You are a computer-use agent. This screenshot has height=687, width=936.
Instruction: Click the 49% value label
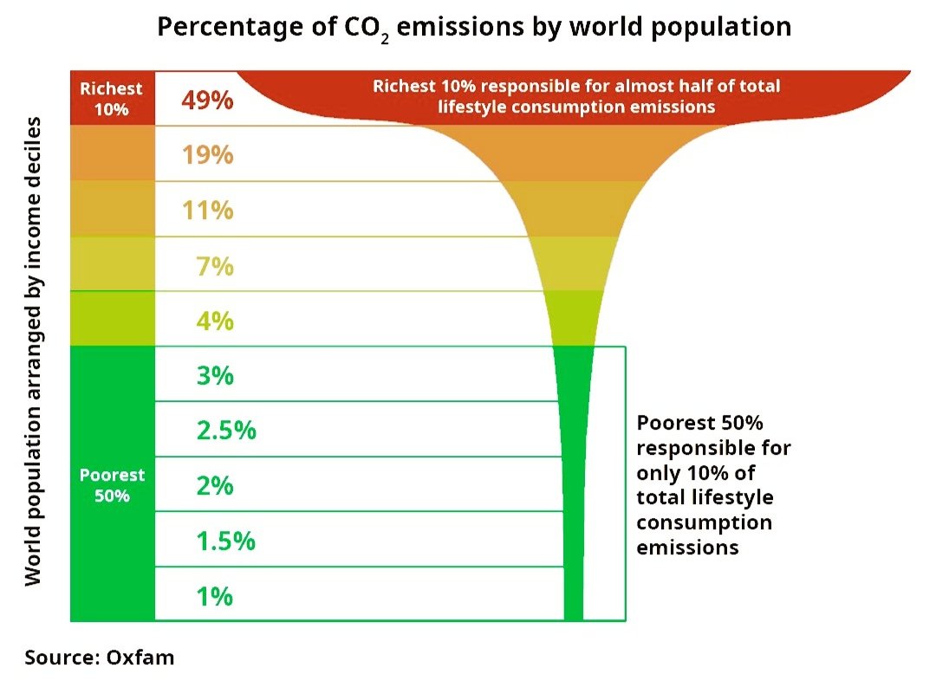point(207,100)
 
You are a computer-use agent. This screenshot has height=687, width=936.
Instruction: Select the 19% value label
point(207,155)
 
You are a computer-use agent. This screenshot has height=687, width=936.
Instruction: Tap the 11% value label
point(207,211)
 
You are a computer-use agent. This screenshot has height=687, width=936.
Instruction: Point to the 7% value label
point(214,266)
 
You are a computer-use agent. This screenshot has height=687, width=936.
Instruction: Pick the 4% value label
point(214,321)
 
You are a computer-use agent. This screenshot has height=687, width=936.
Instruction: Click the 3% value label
point(214,376)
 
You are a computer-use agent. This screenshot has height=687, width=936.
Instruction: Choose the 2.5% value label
point(226,431)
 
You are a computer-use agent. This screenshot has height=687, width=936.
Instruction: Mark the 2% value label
point(214,486)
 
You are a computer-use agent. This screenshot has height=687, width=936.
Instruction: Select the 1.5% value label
point(225,541)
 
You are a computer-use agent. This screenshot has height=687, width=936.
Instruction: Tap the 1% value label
point(213,596)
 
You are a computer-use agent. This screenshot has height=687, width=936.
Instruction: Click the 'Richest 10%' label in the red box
point(111,98)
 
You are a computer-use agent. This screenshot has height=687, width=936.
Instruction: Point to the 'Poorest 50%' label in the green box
point(112,485)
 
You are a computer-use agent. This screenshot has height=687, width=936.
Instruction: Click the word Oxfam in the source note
point(140,658)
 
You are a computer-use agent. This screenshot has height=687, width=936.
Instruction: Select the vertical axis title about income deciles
point(33,351)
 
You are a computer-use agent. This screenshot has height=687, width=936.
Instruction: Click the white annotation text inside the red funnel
point(576,96)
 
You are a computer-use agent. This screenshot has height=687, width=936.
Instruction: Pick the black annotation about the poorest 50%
point(712,485)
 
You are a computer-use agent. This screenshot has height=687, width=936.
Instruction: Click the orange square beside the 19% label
point(112,152)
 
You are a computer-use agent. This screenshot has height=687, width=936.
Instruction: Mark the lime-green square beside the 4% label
point(112,318)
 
